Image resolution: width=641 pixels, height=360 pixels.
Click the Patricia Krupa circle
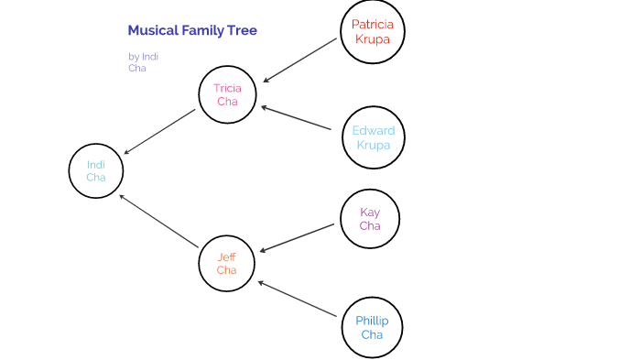(x=372, y=32)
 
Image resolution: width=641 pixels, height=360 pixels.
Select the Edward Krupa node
(x=372, y=138)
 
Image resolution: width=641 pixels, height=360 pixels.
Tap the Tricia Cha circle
(x=227, y=94)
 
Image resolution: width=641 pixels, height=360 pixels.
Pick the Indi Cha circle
(x=96, y=170)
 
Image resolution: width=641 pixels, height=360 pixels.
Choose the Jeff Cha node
(x=227, y=263)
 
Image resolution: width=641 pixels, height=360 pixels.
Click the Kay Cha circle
(x=370, y=219)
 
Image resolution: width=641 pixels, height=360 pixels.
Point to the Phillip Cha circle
(x=372, y=327)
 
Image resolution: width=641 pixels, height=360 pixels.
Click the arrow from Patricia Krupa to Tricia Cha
(x=301, y=59)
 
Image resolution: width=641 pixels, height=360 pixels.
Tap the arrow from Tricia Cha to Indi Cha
(x=159, y=132)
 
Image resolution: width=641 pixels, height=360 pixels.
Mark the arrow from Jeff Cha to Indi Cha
(x=159, y=220)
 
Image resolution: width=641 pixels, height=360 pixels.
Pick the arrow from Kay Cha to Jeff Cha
(x=299, y=237)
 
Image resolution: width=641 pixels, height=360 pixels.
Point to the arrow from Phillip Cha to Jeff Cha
(x=298, y=299)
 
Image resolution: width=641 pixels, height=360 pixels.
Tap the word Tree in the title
(x=242, y=30)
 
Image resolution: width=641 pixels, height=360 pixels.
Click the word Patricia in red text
(x=372, y=25)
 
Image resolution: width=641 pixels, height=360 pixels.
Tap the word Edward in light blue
(x=372, y=131)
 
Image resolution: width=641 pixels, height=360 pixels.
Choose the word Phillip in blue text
(x=372, y=321)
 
